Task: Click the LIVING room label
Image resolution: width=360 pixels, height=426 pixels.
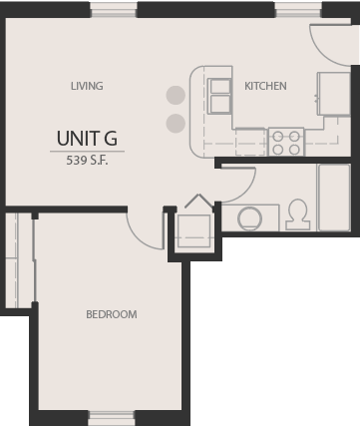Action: click(87, 86)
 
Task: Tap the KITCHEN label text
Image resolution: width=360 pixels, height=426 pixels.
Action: click(265, 86)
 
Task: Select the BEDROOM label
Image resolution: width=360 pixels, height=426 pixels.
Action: click(111, 314)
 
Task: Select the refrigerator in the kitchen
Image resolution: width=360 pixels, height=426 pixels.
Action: click(333, 93)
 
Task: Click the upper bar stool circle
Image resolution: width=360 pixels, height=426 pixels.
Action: click(176, 97)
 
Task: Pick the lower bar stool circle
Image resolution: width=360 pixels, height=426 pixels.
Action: click(176, 124)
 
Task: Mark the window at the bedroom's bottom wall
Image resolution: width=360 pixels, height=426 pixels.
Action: click(112, 417)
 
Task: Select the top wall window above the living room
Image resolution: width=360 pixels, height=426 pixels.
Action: click(114, 9)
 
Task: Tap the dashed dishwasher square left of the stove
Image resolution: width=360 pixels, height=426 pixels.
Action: click(250, 142)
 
